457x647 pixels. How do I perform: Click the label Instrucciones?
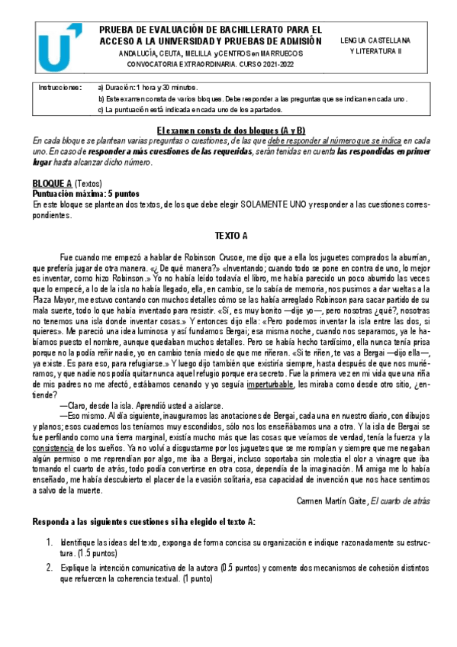point(60,88)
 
